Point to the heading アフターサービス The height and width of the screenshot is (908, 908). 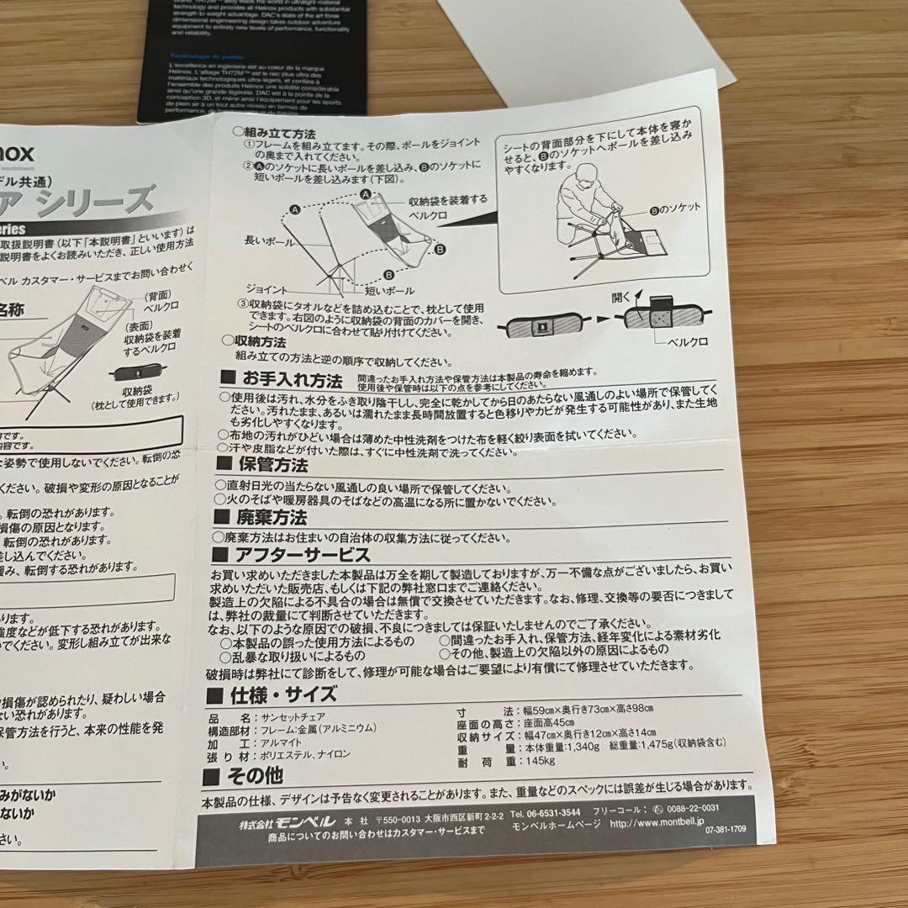pyautogui.click(x=302, y=555)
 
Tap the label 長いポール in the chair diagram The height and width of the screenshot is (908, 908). pyautogui.click(x=266, y=240)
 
